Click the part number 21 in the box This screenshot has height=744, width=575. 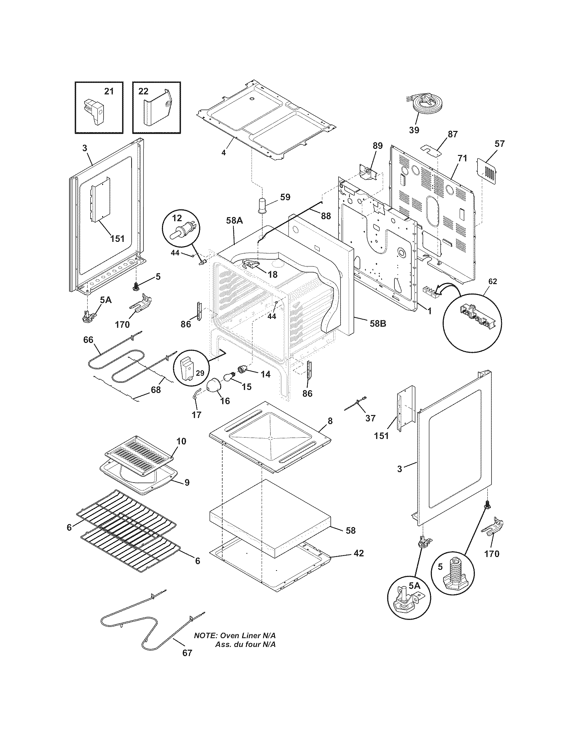click(109, 91)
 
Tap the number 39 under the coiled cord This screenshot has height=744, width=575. click(414, 130)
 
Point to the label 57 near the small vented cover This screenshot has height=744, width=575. click(499, 144)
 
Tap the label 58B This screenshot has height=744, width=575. click(378, 323)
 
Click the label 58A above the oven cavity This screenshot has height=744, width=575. click(234, 220)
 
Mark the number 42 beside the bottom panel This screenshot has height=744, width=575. click(359, 553)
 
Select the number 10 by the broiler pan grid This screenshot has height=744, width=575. click(181, 441)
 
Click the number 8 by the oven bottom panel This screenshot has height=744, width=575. click(330, 421)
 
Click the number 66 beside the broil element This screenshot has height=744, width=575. click(88, 340)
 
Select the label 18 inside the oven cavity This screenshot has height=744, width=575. click(273, 274)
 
